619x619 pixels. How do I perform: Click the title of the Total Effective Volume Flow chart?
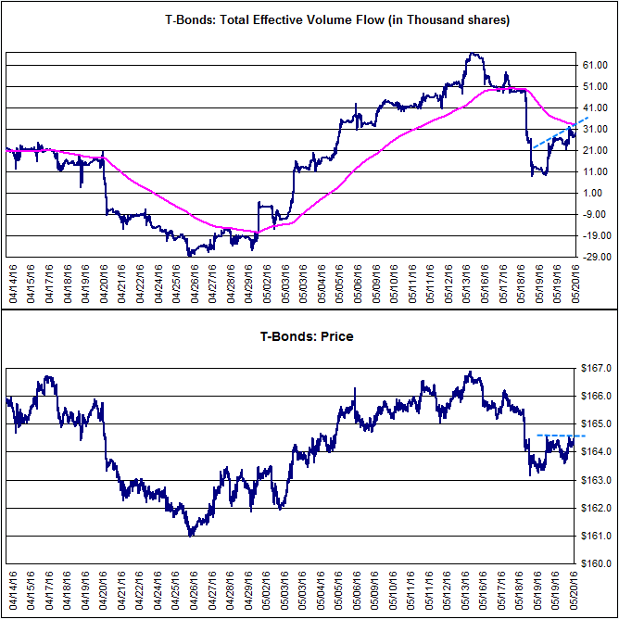337,20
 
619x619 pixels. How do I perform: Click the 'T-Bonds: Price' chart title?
307,336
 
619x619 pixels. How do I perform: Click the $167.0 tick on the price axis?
596,368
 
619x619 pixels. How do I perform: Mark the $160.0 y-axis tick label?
596,563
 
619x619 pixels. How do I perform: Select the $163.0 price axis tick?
596,480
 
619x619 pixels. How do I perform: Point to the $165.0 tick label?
596,424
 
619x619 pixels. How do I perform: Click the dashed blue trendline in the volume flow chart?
561,133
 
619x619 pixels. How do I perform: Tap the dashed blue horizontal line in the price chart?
561,436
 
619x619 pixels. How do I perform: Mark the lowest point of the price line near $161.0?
190,537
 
